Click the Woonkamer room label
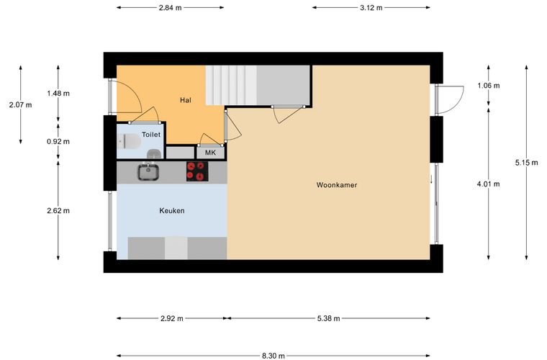pyautogui.click(x=337, y=185)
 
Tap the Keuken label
pyautogui.click(x=171, y=211)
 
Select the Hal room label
pyautogui.click(x=186, y=101)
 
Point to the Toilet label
pyautogui.click(x=151, y=135)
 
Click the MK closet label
pyautogui.click(x=210, y=153)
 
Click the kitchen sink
pyautogui.click(x=148, y=172)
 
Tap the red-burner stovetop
pyautogui.click(x=197, y=171)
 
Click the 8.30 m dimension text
pyautogui.click(x=273, y=356)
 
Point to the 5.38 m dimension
pyautogui.click(x=329, y=318)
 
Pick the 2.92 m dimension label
pyautogui.click(x=172, y=318)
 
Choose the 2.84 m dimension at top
pyautogui.click(x=171, y=8)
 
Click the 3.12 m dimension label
pyautogui.click(x=371, y=8)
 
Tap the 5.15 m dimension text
pyautogui.click(x=526, y=163)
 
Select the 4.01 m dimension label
pyautogui.click(x=489, y=184)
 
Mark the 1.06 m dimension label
pyautogui.click(x=489, y=86)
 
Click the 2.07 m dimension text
pyautogui.click(x=21, y=104)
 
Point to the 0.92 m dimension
pyautogui.click(x=58, y=142)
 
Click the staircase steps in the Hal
pyautogui.click(x=231, y=86)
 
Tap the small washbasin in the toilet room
pyautogui.click(x=154, y=153)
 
